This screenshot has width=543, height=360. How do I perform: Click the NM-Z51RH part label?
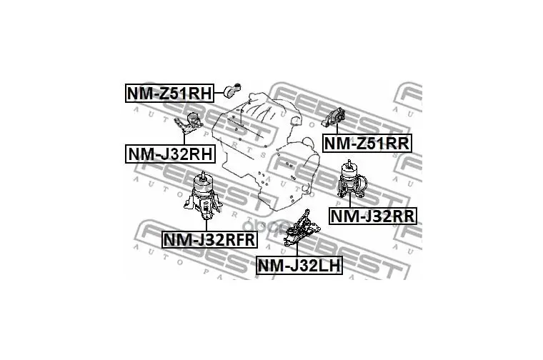click(170, 93)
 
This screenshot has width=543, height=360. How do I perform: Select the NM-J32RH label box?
click(170, 154)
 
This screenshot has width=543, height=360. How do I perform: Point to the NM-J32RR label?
click(372, 214)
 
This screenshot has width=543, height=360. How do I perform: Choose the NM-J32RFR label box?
click(209, 239)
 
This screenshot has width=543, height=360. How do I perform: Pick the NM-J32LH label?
click(299, 266)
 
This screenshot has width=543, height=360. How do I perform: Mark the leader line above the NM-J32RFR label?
click(206, 224)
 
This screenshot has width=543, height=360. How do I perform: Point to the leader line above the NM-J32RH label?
click(184, 138)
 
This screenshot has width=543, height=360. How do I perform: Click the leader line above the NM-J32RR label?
click(350, 201)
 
